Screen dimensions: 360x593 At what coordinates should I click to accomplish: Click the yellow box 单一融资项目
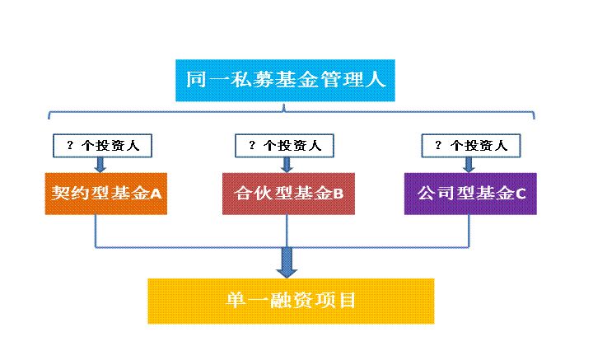[291, 300]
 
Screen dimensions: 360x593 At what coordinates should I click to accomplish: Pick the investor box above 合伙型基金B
[286, 146]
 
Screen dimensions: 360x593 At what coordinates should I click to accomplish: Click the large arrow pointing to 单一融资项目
[287, 262]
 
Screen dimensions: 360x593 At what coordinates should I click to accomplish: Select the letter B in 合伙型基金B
[339, 194]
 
